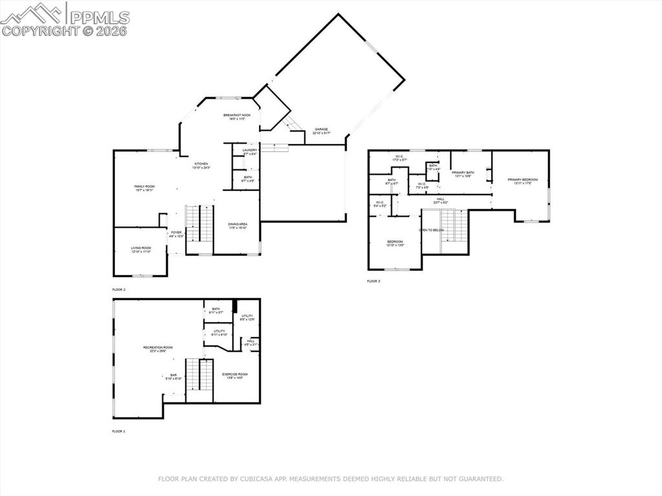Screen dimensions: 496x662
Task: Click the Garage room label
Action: [321, 129]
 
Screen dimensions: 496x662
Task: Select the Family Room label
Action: [145, 186]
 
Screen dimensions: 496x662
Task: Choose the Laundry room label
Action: [250, 151]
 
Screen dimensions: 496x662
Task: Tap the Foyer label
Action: [176, 232]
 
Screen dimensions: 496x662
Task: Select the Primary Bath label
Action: [463, 173]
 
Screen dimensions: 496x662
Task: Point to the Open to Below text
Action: [431, 230]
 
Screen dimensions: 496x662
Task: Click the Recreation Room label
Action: [158, 348]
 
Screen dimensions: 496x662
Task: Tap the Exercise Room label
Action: [235, 374]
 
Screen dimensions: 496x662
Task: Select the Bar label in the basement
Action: [173, 374]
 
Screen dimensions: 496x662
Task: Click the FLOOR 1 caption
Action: [119, 431]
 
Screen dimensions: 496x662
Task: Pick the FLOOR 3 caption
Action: [374, 281]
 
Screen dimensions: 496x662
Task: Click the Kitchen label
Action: [202, 164]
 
